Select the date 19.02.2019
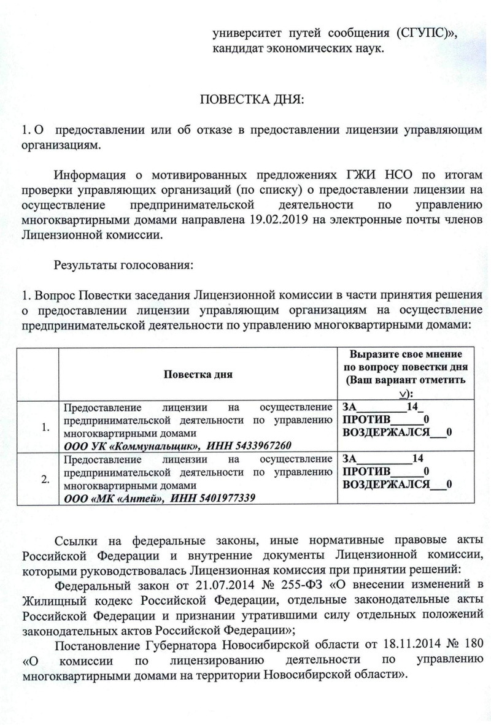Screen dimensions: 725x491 (x=279, y=220)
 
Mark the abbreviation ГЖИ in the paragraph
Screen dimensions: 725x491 (x=355, y=174)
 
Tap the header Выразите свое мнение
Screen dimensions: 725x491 (x=405, y=355)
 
